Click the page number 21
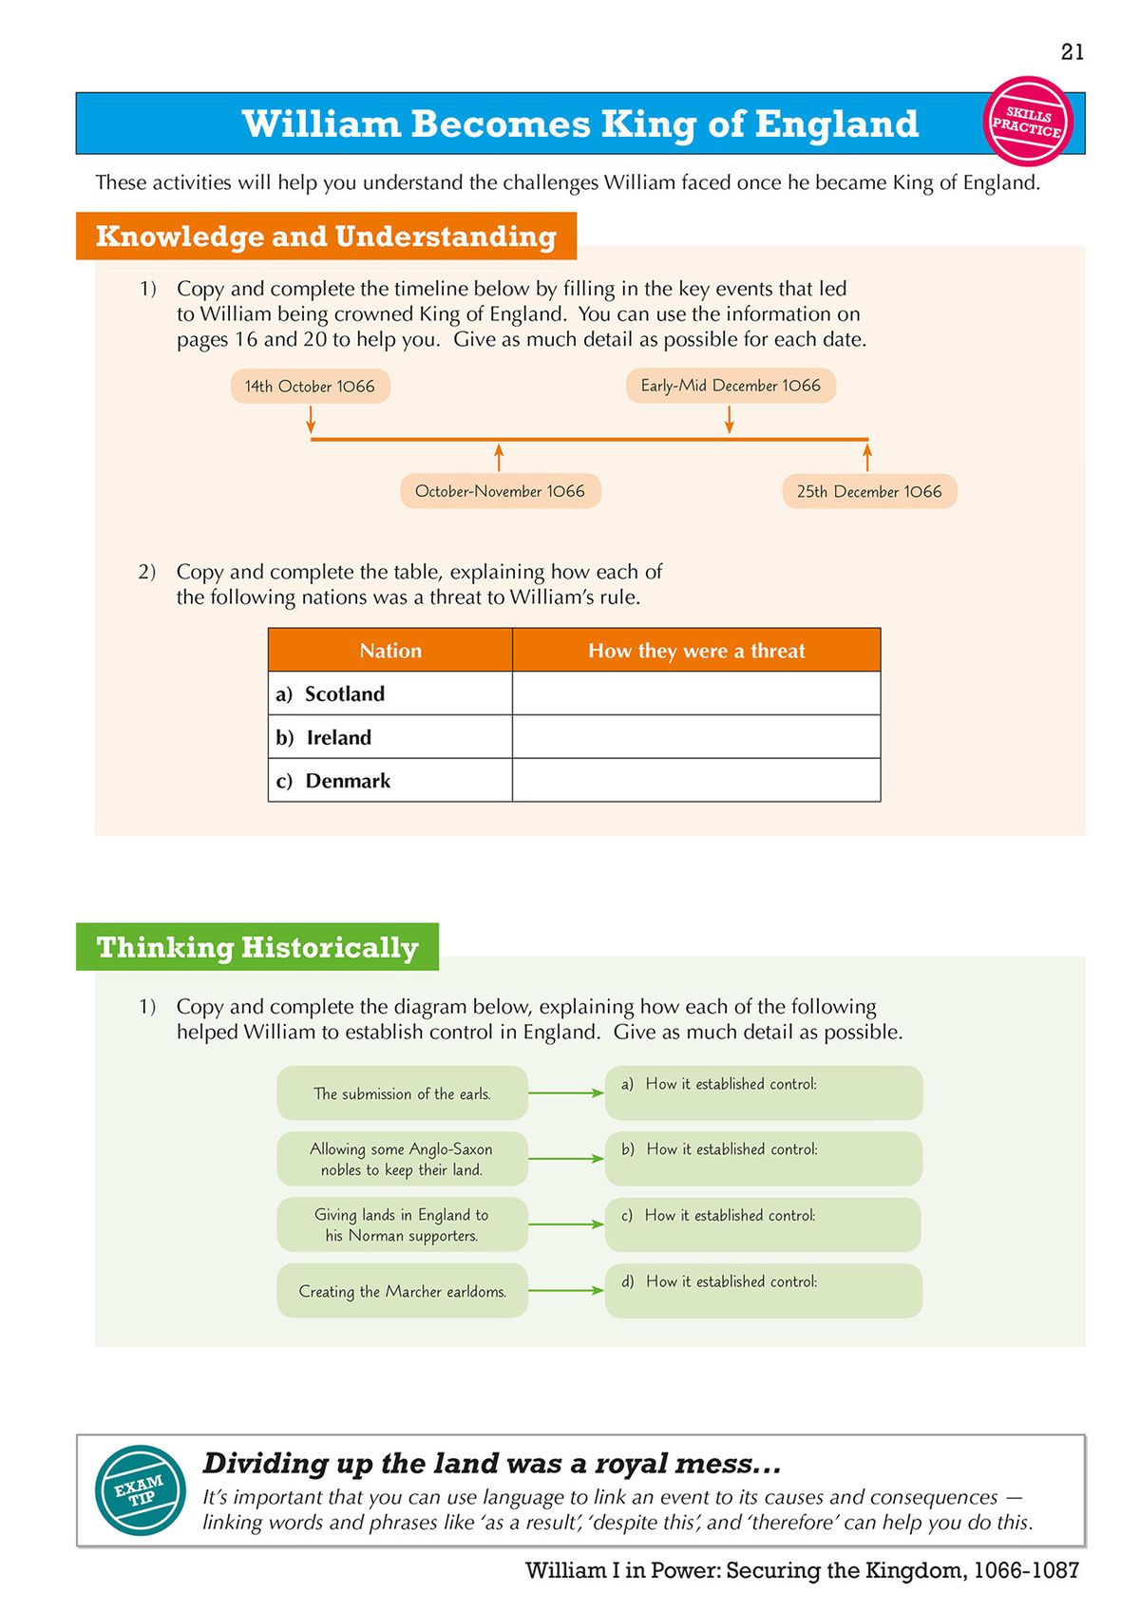tap(1072, 52)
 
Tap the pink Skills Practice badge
tap(1027, 122)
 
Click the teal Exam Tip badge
tap(141, 1489)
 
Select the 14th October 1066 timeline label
tap(310, 387)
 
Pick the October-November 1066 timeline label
tap(500, 491)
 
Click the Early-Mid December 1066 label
tap(730, 386)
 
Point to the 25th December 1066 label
tap(868, 491)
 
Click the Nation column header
tap(389, 651)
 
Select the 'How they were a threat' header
tap(695, 651)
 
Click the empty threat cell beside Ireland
tap(695, 737)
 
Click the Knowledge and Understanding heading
tap(326, 236)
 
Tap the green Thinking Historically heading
tap(257, 947)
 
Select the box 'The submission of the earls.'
tap(402, 1093)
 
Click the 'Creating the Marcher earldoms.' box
tap(402, 1291)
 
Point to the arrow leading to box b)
tap(565, 1159)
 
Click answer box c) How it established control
tap(763, 1224)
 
